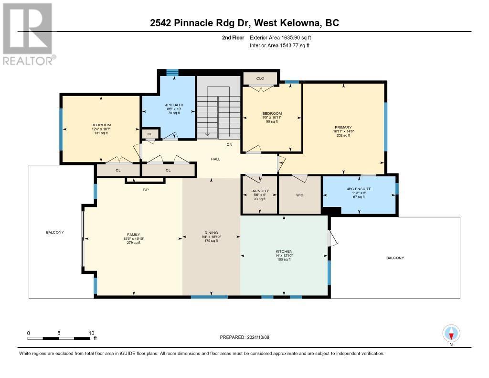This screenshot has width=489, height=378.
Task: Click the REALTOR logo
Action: tap(28, 33)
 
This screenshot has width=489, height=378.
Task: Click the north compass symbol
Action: tap(451, 333)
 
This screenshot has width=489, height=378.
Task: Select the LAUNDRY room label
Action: tap(260, 191)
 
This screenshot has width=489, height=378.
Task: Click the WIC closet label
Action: tap(299, 195)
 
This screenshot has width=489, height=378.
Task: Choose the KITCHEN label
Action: tap(284, 251)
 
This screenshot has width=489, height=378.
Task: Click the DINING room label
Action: tap(211, 233)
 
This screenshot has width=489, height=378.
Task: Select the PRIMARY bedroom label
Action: tap(343, 128)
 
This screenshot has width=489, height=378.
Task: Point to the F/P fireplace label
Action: tap(146, 190)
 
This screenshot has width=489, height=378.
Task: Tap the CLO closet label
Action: tap(260, 78)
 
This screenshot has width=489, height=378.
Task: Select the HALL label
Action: tap(216, 159)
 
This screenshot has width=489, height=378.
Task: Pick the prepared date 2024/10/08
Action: tap(244, 337)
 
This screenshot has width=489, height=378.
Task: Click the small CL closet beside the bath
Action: tap(149, 134)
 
